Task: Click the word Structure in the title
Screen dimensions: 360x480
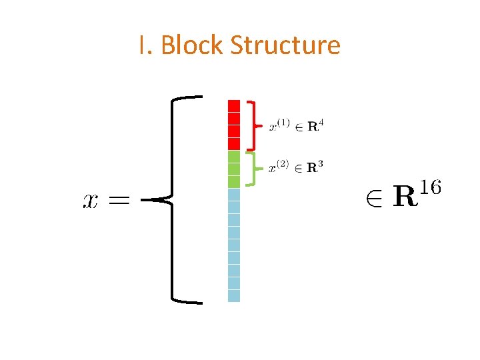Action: tap(285, 45)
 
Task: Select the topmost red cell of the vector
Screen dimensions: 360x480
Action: tap(234, 105)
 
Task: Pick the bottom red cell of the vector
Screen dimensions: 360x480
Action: tap(234, 143)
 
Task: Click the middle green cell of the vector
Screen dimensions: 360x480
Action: tap(234, 169)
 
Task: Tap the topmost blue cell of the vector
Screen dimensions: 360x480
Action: tap(234, 194)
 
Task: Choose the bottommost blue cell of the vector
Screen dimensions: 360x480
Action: tap(234, 295)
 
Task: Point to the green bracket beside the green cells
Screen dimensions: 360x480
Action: tap(251, 169)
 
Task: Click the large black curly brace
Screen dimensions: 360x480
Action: tap(175, 199)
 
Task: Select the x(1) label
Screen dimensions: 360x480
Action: tap(278, 125)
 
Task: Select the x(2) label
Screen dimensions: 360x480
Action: tap(278, 168)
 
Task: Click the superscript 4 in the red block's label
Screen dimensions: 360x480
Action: tap(323, 121)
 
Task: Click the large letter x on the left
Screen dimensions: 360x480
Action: tap(91, 200)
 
